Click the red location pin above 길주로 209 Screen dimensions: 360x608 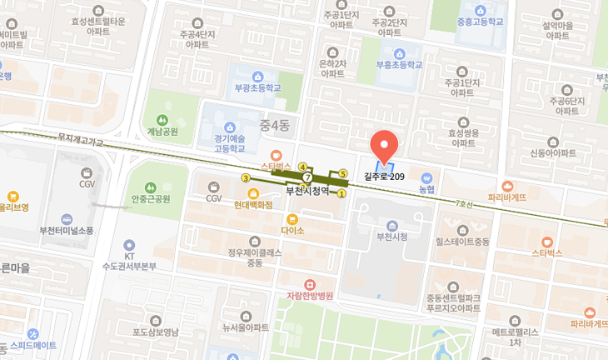coord(383,146)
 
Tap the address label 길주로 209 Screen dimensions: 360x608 coord(384,176)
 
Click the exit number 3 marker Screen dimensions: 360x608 coord(246,178)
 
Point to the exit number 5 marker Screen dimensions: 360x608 coord(342,173)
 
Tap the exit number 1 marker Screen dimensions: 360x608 coord(341,194)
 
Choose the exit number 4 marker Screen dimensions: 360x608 coord(302,166)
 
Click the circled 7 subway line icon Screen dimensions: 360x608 coord(307,177)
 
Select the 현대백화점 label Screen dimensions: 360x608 coord(253,204)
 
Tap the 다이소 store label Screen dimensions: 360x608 coord(292,229)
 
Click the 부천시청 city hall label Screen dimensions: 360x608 coord(391,237)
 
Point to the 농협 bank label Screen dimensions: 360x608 coord(426,190)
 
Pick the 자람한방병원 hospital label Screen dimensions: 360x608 coord(310,295)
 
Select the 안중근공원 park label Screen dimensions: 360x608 coord(151,198)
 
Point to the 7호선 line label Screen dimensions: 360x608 coord(463,203)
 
